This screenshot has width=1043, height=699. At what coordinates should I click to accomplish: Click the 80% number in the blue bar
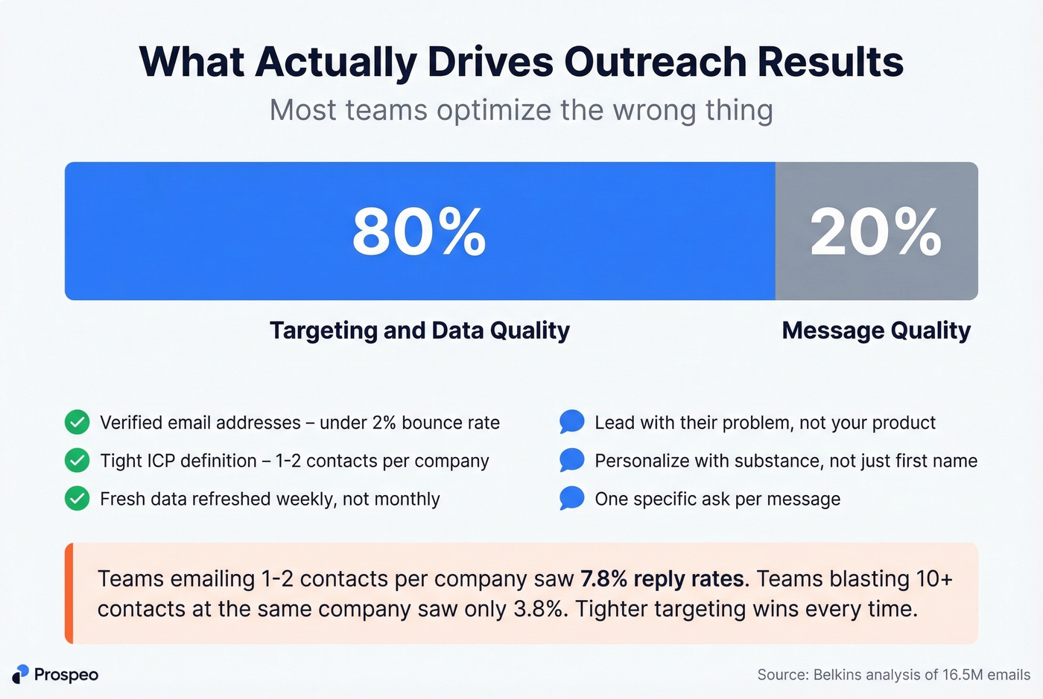pos(419,232)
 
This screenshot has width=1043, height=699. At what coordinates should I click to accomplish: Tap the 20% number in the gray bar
pos(875,232)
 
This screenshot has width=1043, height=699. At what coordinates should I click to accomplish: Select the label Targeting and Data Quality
pos(419,330)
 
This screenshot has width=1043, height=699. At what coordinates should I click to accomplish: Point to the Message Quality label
pos(876,330)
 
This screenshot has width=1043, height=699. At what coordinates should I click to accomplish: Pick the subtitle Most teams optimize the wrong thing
pos(521,110)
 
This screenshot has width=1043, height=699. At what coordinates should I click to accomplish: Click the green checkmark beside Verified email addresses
pos(77,422)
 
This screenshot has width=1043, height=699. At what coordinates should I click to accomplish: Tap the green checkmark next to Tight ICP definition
pos(77,461)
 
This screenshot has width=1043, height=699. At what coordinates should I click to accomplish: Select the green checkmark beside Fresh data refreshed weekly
pos(77,499)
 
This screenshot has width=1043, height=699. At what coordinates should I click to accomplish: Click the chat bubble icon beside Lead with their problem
pos(571,422)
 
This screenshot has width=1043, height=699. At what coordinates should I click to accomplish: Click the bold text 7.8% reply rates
pos(662,578)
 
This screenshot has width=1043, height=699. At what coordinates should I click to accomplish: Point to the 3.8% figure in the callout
pos(538,609)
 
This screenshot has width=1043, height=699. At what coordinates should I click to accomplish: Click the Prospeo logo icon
pos(20,674)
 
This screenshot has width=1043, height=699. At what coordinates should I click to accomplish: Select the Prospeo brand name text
pos(66,674)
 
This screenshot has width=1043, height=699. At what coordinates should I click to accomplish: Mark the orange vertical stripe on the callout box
pos(69,593)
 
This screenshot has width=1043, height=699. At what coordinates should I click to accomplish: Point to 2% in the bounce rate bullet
pos(384,423)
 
